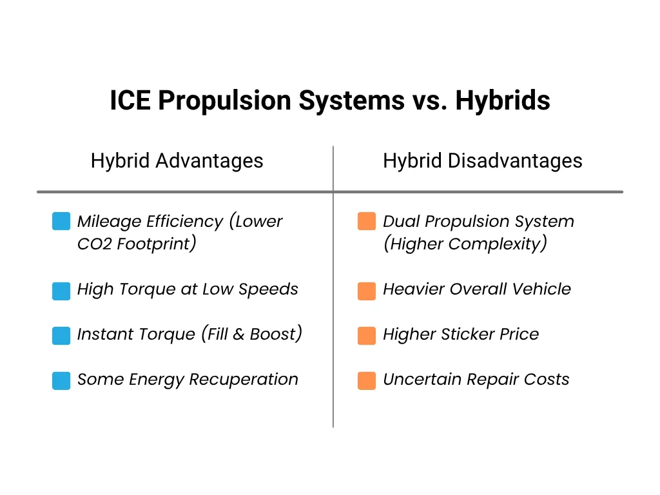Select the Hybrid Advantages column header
coord(177,160)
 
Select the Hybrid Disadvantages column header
coord(482,160)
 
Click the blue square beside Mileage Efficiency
coord(61,222)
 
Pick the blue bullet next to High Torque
coord(61,291)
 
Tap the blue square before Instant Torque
coord(61,336)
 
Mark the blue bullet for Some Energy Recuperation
coord(61,381)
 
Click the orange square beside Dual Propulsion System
coord(367,222)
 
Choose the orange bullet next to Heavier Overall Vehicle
coord(367,291)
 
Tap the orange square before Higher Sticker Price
coord(367,336)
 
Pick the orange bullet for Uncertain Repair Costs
coord(367,381)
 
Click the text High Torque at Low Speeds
coord(188,289)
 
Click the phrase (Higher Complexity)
coord(465,244)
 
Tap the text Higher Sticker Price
coord(460,335)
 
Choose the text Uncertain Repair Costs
coord(476,380)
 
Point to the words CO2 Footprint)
coord(137,244)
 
